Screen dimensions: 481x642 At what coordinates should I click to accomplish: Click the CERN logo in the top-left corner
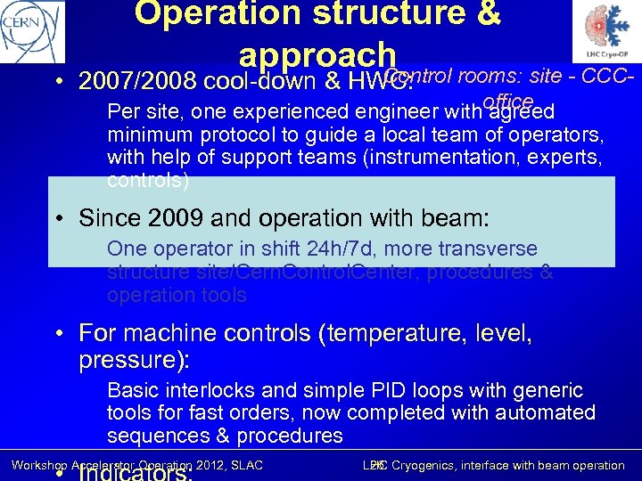[33, 32]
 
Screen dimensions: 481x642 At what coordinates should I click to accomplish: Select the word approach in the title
[316, 53]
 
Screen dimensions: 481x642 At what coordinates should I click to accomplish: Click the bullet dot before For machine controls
[58, 335]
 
